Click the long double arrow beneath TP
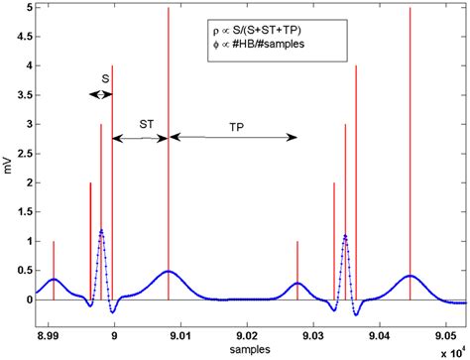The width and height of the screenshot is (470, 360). coord(234,136)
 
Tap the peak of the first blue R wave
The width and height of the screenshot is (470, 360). coord(101,230)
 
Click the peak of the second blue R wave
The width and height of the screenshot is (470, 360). coord(345,235)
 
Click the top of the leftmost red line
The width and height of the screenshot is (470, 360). coord(54,241)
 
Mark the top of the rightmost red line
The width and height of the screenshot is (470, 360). coord(410,8)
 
